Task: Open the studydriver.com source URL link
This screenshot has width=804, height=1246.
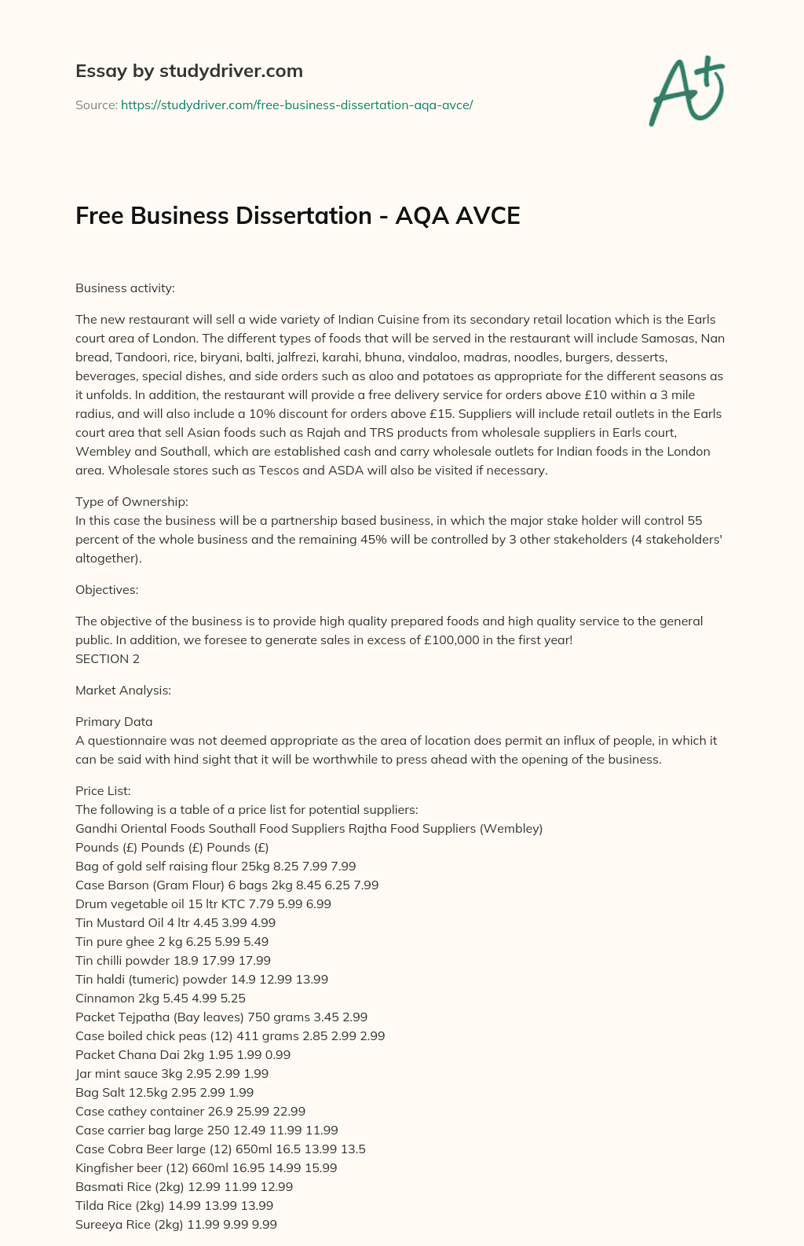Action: [296, 104]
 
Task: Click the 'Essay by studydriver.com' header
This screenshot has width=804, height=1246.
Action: [188, 71]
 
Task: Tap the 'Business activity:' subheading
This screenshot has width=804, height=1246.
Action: [125, 288]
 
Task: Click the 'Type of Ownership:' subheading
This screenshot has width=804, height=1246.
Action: [131, 501]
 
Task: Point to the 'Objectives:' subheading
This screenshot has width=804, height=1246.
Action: [107, 589]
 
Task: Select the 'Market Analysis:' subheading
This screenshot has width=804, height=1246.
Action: [123, 690]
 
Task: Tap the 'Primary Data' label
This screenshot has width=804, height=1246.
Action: [114, 721]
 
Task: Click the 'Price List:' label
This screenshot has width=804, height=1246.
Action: [103, 790]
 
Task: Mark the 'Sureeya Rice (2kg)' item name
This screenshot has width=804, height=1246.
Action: [129, 1224]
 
